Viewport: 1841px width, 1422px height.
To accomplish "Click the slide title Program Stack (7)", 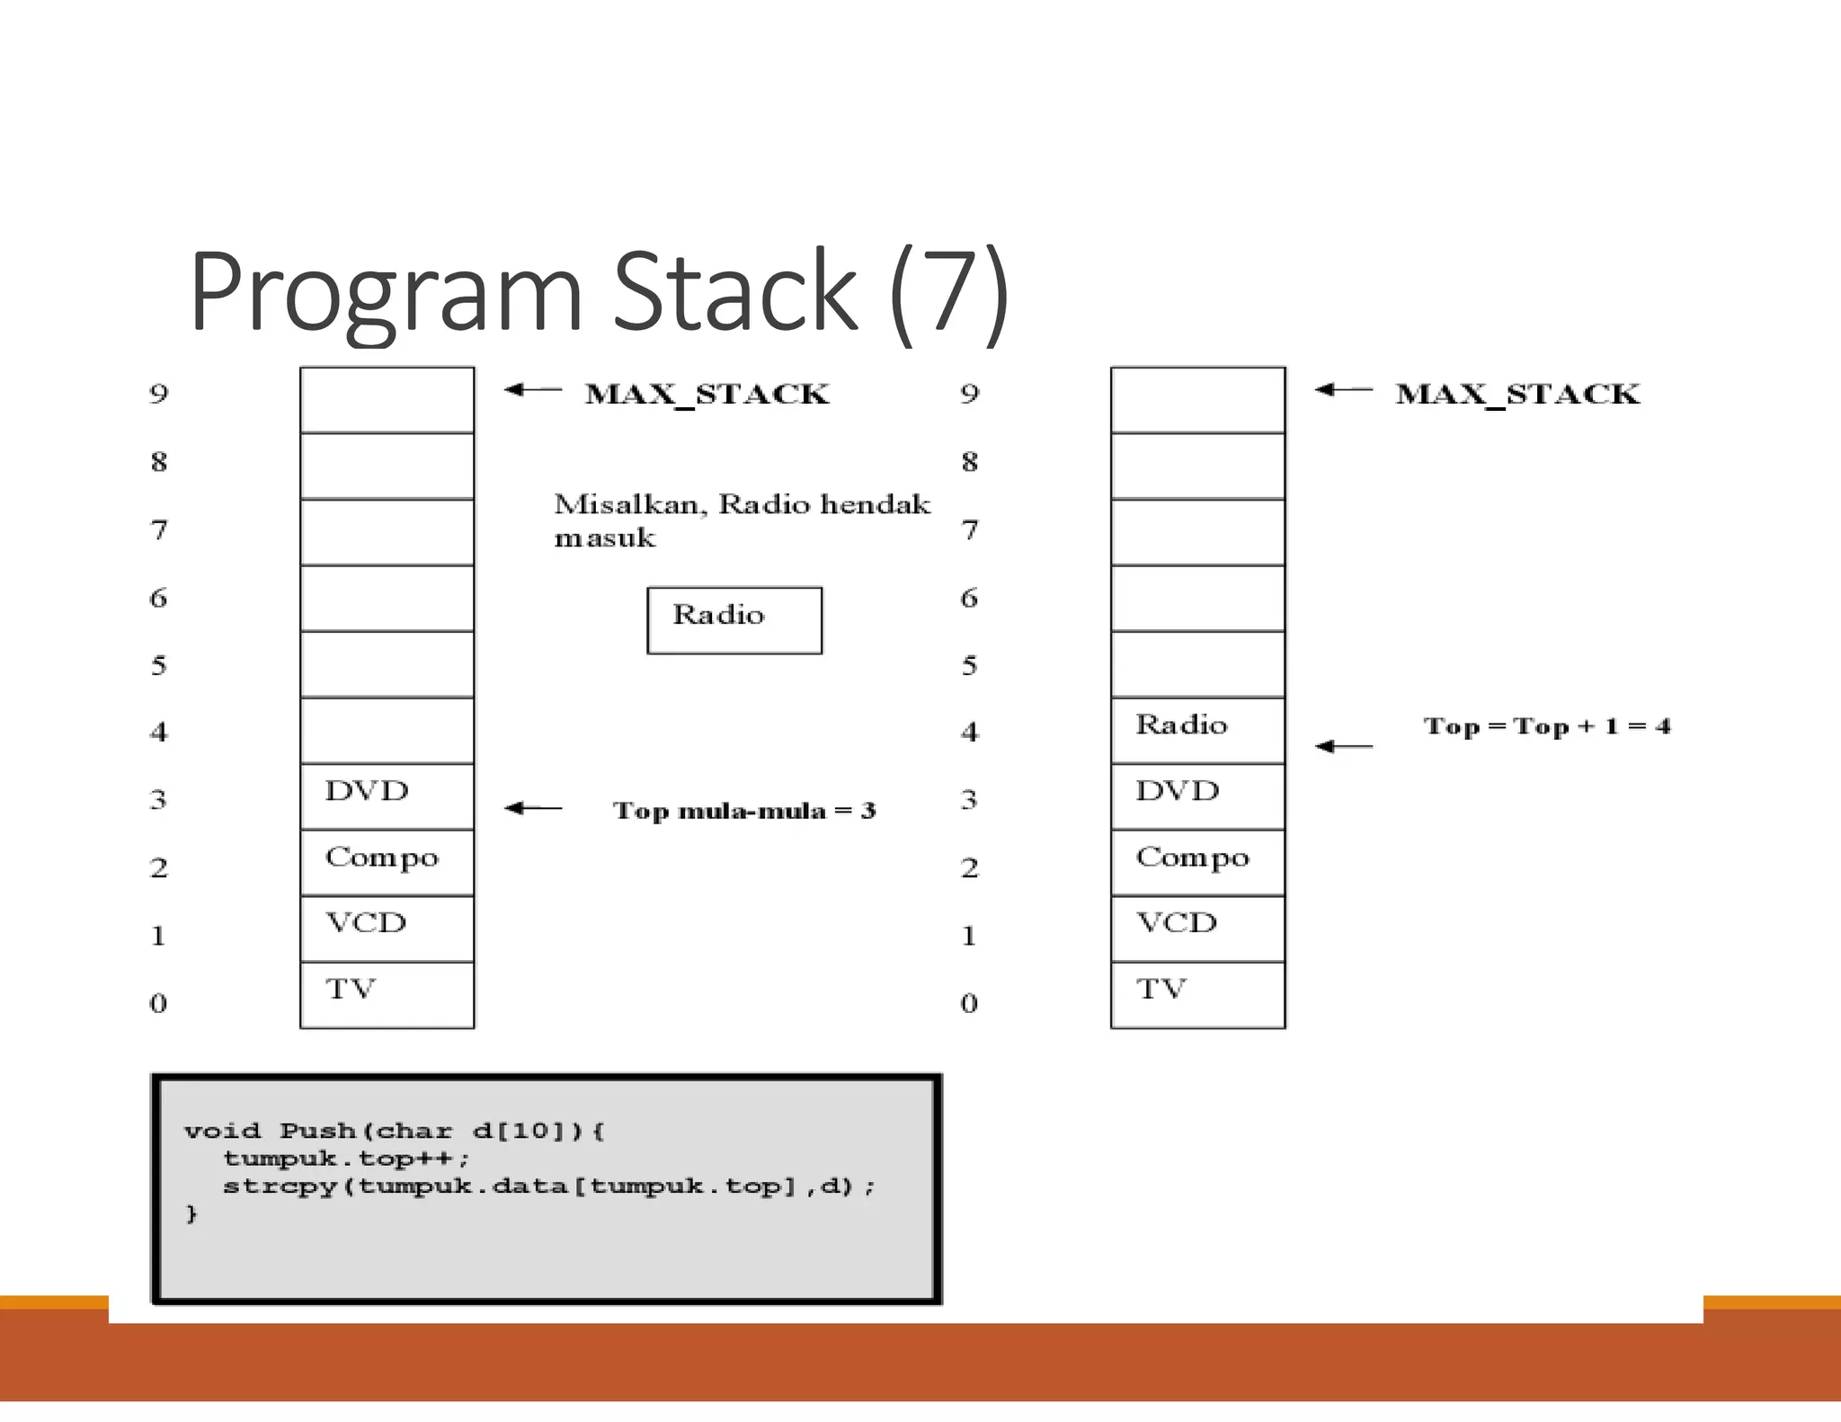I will point(599,292).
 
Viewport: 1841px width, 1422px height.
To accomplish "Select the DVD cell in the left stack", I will point(387,796).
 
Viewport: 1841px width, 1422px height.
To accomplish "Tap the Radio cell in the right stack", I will point(1197,730).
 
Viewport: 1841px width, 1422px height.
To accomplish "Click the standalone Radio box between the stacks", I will point(734,620).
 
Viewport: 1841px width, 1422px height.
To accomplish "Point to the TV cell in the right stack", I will point(1197,994).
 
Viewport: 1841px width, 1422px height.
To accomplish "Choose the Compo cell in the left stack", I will point(387,862).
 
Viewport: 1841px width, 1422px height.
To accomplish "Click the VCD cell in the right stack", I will point(1197,928).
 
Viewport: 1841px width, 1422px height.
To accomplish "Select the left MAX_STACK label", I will point(707,395).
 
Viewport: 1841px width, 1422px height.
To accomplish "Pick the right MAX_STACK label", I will point(1517,395).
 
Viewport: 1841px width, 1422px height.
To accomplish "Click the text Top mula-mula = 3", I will point(743,811).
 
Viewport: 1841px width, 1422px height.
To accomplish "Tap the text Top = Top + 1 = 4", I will point(1546,726).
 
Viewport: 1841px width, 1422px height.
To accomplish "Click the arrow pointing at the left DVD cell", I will point(532,808).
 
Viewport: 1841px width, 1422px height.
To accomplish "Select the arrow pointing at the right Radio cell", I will point(1343,746).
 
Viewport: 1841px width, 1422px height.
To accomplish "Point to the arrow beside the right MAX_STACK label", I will point(1343,389).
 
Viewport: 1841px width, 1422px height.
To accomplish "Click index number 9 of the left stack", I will point(158,394).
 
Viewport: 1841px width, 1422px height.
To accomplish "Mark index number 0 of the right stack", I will point(968,1002).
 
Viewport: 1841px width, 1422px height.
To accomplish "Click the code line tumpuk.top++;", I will point(346,1159).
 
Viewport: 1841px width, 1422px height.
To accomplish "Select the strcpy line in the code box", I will point(548,1186).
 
